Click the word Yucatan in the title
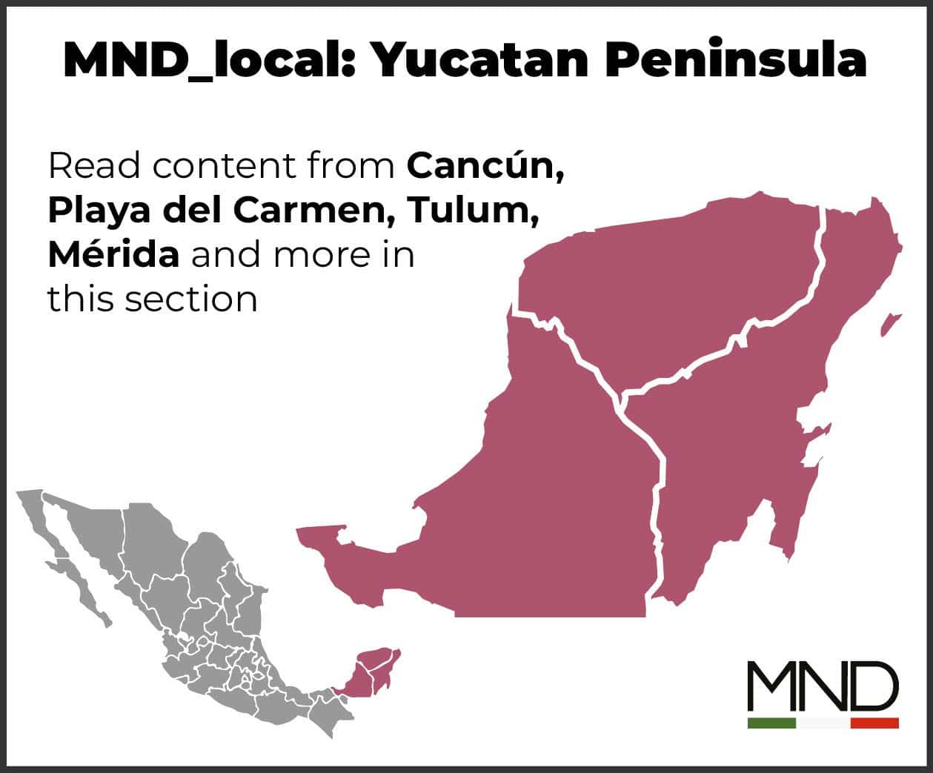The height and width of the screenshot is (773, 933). (480, 60)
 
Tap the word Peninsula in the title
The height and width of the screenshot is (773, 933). (736, 60)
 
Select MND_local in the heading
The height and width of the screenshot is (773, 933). (210, 60)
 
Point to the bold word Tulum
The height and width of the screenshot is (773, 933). (472, 210)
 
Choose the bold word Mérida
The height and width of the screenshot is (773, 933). (113, 254)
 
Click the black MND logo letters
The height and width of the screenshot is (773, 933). (823, 686)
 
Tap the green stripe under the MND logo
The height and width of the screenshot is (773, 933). (771, 723)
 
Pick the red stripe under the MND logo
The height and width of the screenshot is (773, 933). (874, 723)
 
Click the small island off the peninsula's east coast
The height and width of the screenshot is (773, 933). (890, 324)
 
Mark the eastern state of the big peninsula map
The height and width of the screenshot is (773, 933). (741, 445)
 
